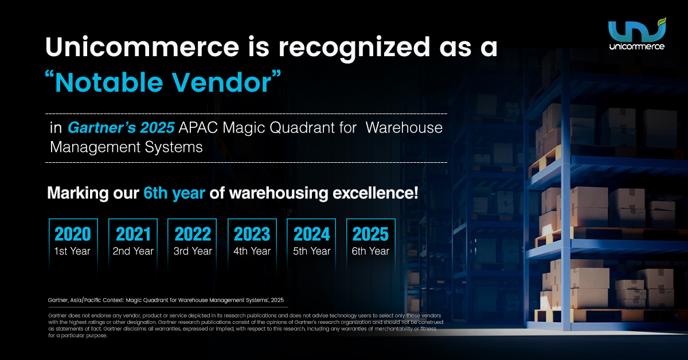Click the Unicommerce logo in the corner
(637, 34)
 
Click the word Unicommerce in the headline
(142, 47)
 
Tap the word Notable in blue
(109, 83)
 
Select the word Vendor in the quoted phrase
(221, 83)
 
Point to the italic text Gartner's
(101, 127)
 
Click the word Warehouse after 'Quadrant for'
(404, 127)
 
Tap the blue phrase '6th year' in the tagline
(174, 193)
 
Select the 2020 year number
(73, 234)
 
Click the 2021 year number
(133, 234)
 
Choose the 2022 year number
(193, 234)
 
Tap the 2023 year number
(252, 234)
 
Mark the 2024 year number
(311, 234)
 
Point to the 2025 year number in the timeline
(370, 234)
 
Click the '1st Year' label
(72, 251)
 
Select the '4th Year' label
(252, 251)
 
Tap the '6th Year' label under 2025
(370, 251)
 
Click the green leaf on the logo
(661, 22)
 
